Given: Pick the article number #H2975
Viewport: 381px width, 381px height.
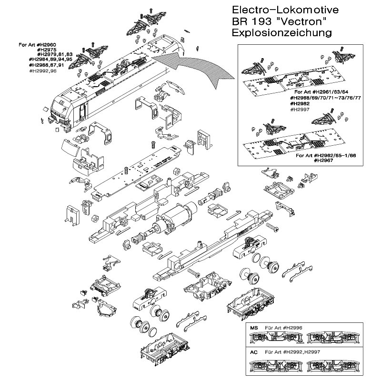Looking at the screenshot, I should [x=48, y=50].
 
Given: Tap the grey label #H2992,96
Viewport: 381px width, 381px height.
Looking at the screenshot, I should [x=43, y=70].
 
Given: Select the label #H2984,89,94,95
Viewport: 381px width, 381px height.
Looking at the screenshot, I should [x=50, y=60].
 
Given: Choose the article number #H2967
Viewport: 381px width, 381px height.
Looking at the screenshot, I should [x=324, y=160].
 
